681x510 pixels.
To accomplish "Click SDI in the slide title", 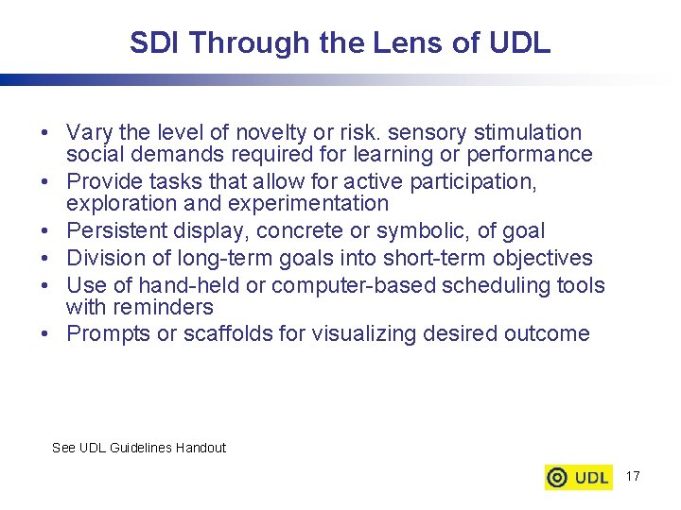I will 153,43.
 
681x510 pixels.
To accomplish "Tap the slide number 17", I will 633,476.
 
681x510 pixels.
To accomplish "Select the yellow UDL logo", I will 579,477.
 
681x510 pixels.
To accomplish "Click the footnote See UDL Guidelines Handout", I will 139,448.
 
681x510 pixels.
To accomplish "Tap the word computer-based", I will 356,285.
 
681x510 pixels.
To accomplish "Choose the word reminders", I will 165,307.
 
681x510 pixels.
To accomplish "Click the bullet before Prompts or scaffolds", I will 46,334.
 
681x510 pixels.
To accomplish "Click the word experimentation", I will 296,203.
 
